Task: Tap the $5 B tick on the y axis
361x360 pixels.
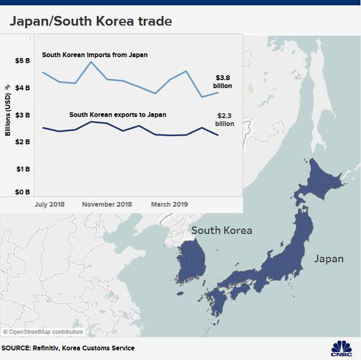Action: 24,60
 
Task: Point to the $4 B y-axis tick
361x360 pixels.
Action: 24,88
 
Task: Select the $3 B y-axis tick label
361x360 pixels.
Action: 24,115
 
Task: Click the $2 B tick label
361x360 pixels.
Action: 24,142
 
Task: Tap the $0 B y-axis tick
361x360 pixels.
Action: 24,192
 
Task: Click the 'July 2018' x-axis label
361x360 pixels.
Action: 49,204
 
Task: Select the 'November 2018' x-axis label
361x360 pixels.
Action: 107,204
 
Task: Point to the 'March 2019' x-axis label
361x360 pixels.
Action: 169,204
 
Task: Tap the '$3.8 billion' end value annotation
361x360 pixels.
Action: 223,82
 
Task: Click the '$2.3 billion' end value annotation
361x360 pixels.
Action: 224,119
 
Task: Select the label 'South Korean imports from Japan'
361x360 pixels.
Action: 95,55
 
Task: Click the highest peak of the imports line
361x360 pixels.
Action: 91,62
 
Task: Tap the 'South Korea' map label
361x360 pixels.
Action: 222,230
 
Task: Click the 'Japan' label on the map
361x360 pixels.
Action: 328,259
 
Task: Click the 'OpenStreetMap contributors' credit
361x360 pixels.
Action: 43,332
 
